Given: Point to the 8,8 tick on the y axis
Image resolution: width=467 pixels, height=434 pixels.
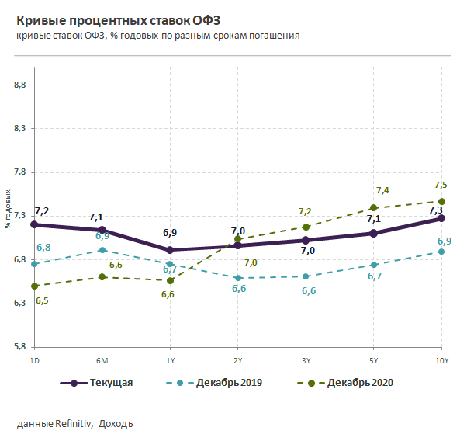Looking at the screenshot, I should click(x=21, y=85).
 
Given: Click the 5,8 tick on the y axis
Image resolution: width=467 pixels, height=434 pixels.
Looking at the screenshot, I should click(x=21, y=347).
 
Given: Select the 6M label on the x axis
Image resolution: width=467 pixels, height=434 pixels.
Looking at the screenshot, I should click(x=102, y=361).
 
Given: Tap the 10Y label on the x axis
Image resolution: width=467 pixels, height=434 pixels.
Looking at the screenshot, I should click(x=441, y=361).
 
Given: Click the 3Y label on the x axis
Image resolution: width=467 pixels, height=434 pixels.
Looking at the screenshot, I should click(x=306, y=361).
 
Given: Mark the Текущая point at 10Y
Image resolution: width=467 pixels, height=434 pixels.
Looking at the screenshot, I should click(x=441, y=218).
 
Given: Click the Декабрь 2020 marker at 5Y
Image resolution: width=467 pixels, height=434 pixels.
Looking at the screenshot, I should click(x=373, y=208).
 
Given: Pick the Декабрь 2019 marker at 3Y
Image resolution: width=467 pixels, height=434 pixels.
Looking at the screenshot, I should click(x=306, y=276).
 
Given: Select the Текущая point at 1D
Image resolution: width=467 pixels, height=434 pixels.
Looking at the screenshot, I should click(x=34, y=224).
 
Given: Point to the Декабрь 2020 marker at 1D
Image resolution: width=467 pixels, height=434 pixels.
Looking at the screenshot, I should click(x=34, y=286).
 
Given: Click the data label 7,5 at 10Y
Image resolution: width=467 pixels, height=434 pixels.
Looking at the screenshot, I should click(x=441, y=185).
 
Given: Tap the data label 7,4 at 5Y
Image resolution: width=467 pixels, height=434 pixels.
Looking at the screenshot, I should click(x=382, y=190).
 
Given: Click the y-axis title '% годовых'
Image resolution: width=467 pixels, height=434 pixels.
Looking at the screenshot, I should click(x=8, y=210).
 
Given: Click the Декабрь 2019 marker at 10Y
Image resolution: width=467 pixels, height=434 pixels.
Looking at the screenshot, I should click(x=441, y=252).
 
